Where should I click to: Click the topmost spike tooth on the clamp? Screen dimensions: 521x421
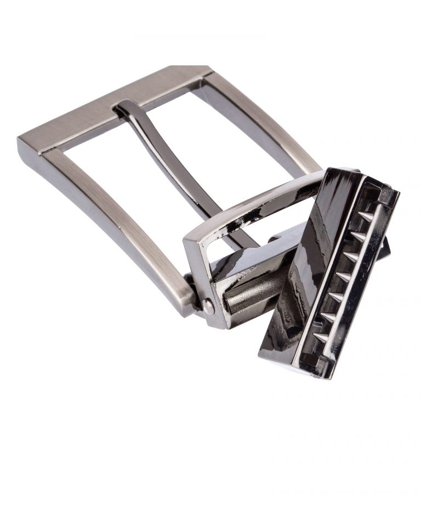[x=367, y=215]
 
